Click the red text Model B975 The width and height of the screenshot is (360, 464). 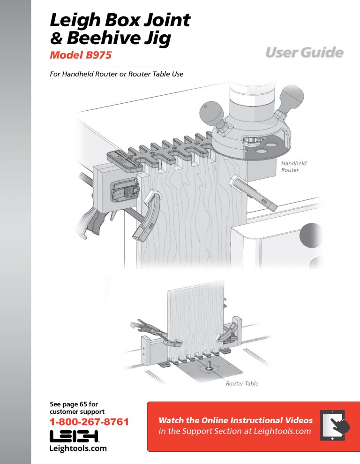pos(81,55)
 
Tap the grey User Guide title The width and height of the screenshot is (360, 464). pos(304,53)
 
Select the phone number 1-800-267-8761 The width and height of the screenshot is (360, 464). pos(89,422)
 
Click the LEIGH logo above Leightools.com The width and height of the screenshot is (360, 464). pos(74,436)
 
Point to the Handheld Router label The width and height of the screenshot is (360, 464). pos(294,167)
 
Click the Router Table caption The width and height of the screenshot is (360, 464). pos(242,383)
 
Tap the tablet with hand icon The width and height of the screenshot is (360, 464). pos(335,425)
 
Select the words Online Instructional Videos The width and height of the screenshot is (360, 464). pos(257,420)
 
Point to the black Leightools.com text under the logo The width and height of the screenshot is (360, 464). pos(78,449)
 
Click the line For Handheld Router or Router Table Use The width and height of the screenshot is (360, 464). pos(116,74)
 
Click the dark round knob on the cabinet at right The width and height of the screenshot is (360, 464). pos(310,235)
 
